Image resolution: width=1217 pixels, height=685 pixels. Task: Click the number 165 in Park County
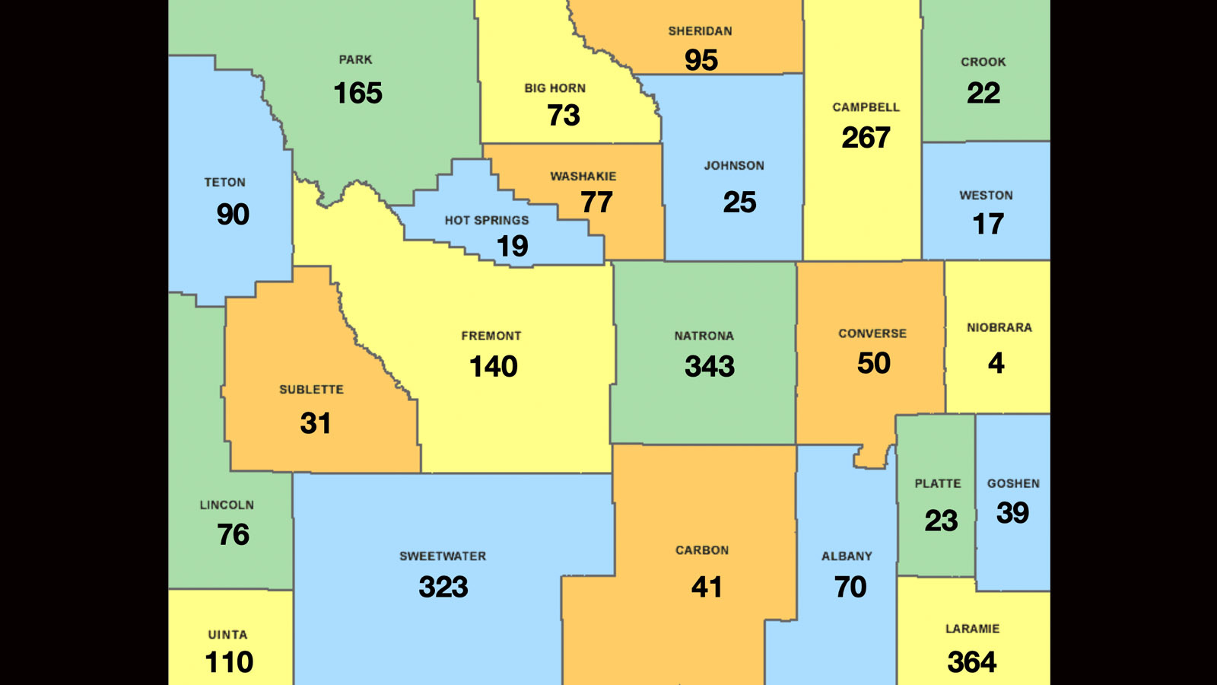click(357, 94)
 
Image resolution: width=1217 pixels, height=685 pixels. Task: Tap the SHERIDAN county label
click(700, 31)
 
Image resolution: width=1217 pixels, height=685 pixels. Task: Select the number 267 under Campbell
click(866, 138)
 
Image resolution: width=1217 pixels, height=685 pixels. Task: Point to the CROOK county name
click(983, 62)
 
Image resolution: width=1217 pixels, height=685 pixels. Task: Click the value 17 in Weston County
click(988, 224)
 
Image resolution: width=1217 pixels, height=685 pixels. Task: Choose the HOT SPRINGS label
click(487, 221)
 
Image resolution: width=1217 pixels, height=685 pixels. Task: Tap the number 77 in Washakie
click(596, 202)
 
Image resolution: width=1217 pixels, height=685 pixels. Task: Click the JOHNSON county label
click(734, 166)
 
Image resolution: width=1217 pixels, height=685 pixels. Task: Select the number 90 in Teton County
click(233, 215)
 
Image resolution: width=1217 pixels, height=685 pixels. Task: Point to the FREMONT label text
click(491, 336)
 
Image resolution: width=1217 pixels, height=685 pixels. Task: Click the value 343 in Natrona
click(709, 367)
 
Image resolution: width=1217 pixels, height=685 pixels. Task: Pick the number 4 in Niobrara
click(996, 363)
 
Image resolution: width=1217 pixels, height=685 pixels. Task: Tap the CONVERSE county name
click(872, 334)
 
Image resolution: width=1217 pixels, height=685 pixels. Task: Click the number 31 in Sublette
click(315, 423)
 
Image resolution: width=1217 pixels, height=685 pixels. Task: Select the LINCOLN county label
click(227, 505)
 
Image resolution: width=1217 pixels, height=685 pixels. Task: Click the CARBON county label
click(702, 550)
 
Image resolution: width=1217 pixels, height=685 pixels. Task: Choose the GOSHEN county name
click(1013, 484)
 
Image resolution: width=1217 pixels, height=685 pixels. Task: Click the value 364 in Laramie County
click(971, 662)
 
